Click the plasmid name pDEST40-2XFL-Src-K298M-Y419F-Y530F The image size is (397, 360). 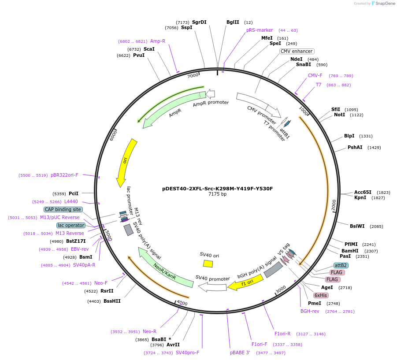click(217, 189)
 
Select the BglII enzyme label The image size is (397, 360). click(233, 22)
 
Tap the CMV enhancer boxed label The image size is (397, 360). click(297, 51)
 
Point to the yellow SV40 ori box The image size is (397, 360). click(208, 263)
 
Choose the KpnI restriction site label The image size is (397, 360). click(360, 198)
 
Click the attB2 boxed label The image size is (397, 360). click(341, 265)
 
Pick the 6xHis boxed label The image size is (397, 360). click(320, 295)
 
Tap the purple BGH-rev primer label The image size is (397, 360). click(310, 311)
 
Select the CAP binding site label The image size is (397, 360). click(63, 209)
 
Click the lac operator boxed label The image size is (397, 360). click(70, 225)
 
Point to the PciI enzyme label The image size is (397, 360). click(74, 193)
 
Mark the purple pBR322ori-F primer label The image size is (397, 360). click(64, 175)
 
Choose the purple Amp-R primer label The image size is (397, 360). click(158, 41)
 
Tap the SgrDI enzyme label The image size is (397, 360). click(199, 22)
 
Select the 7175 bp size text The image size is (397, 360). click(217, 194)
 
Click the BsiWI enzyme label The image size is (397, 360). click(357, 226)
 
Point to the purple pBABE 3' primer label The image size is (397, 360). click(240, 353)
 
